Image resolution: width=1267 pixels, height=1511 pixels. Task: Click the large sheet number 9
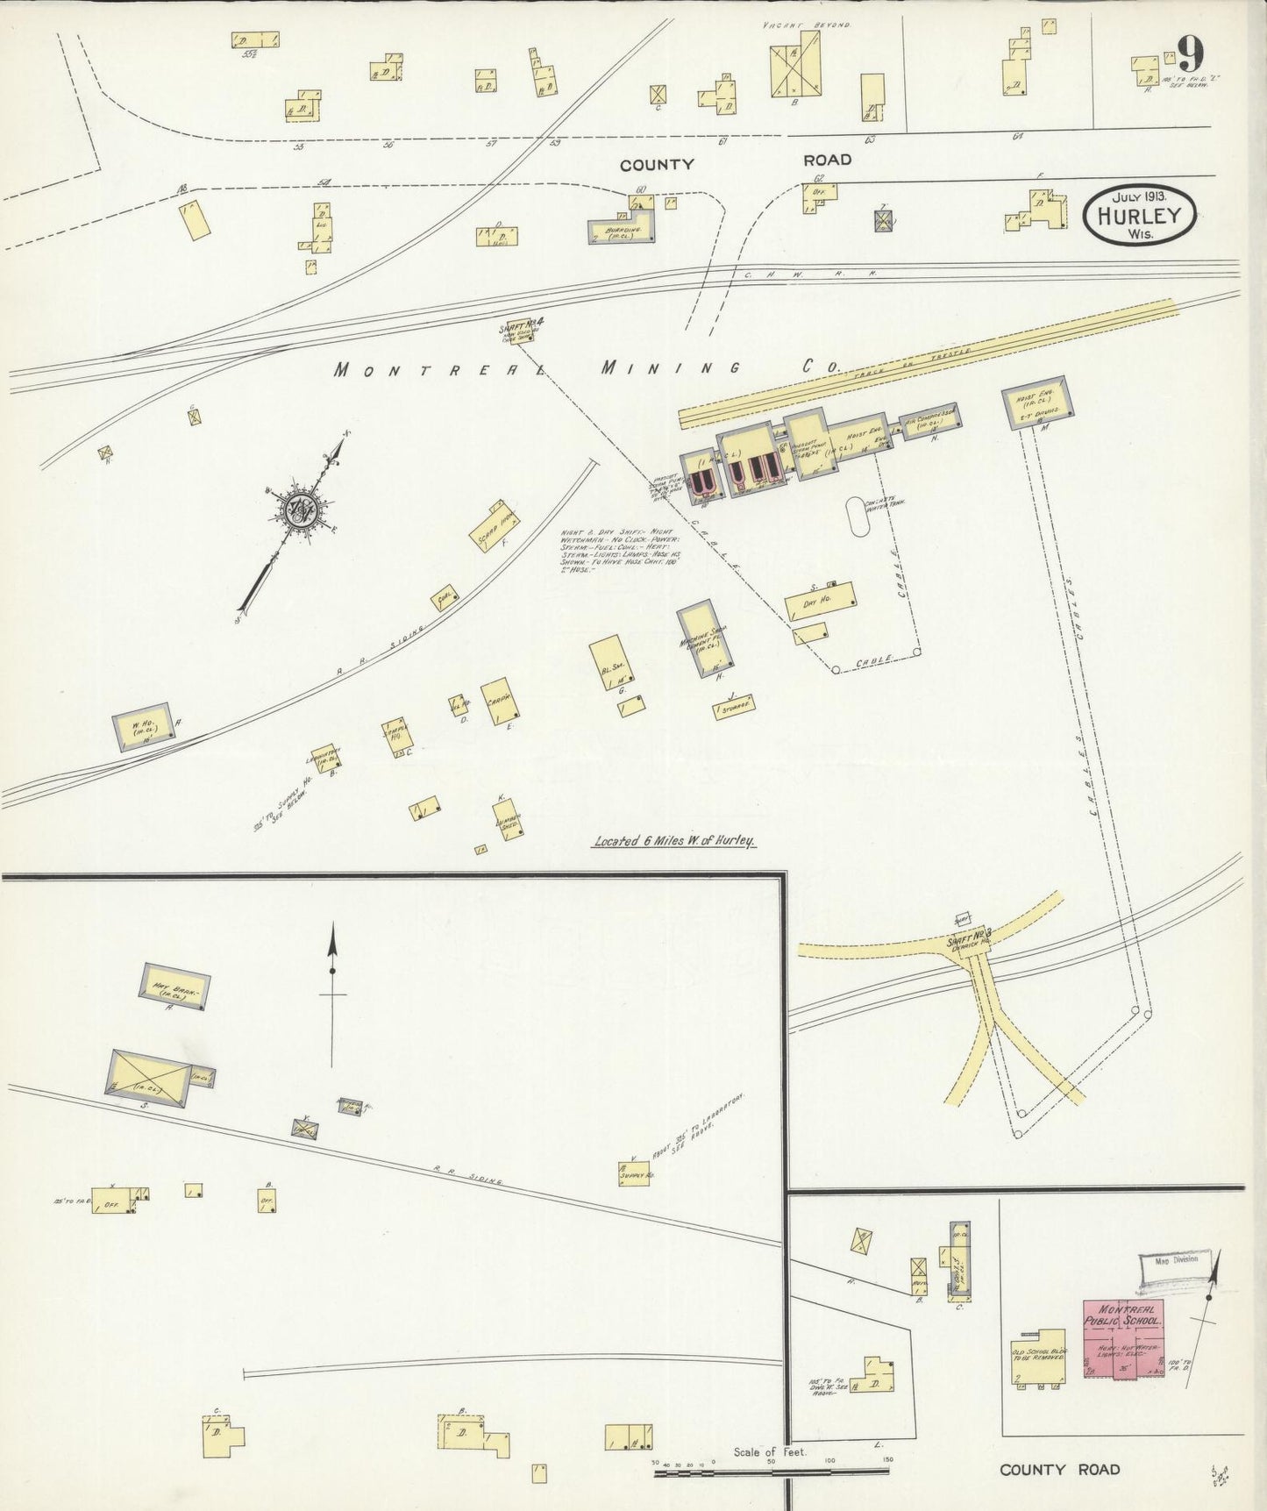pyautogui.click(x=1190, y=54)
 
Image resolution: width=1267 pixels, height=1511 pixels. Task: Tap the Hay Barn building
pyautogui.click(x=175, y=986)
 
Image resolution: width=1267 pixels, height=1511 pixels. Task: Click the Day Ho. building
pyautogui.click(x=821, y=601)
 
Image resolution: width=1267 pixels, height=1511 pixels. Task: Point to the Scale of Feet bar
pyautogui.click(x=772, y=1473)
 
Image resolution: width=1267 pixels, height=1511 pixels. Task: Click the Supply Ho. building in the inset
pyautogui.click(x=634, y=1173)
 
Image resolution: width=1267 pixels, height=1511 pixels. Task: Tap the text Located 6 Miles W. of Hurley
pyautogui.click(x=674, y=841)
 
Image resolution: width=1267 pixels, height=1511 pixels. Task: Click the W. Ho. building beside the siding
pyautogui.click(x=142, y=726)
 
